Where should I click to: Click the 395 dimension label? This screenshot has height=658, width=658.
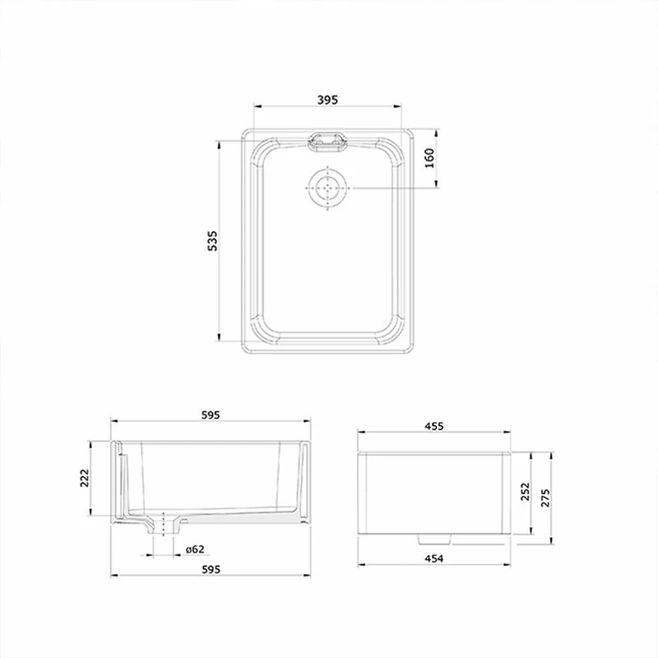(x=327, y=100)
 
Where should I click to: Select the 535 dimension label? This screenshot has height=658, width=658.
(x=213, y=240)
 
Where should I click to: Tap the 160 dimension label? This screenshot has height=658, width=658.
(x=429, y=158)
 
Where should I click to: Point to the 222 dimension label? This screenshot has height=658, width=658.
(x=85, y=478)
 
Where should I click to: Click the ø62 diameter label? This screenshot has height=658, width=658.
(x=195, y=549)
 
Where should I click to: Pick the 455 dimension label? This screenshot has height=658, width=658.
(x=434, y=426)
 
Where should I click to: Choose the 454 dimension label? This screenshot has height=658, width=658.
(x=434, y=558)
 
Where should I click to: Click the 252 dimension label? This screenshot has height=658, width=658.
(x=526, y=491)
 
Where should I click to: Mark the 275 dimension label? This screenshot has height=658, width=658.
(x=544, y=498)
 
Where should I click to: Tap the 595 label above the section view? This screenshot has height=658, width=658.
(x=211, y=415)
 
